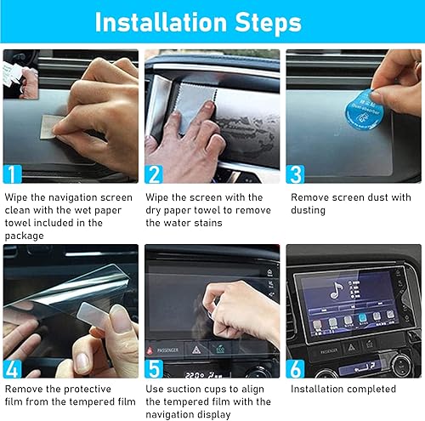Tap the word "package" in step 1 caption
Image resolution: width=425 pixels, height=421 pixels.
click(26, 236)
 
